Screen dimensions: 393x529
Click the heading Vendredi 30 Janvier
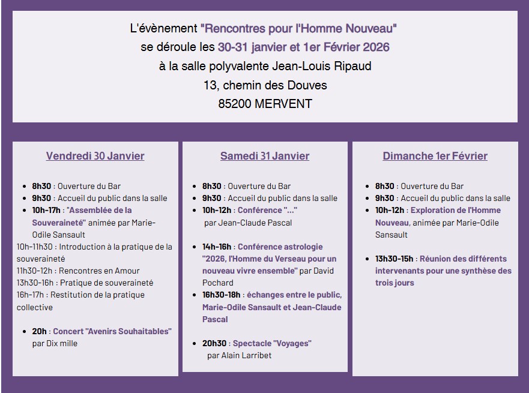(95, 156)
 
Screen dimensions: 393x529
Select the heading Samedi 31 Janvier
(265, 156)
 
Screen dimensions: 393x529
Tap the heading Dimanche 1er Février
(435, 156)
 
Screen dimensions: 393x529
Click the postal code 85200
(235, 104)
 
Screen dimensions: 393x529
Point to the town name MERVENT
(283, 104)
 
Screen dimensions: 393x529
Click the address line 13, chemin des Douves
(265, 85)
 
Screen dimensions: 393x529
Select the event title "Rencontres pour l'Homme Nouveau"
(298, 28)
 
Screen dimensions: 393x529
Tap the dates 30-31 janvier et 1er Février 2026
(304, 47)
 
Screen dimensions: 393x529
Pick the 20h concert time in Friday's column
(40, 331)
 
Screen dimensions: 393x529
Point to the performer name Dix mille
(62, 343)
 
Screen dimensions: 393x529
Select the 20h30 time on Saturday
(214, 343)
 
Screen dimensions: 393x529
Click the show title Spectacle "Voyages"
(272, 343)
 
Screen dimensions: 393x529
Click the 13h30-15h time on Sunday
(394, 259)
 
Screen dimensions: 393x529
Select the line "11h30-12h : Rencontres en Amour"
(78, 271)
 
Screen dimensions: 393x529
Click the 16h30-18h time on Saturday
(221, 295)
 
